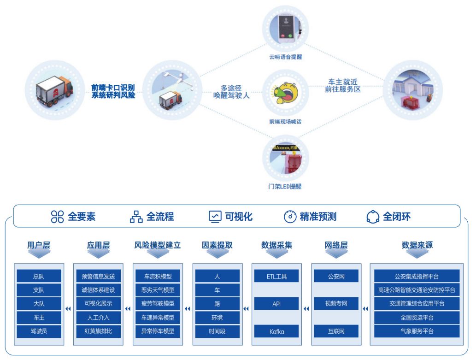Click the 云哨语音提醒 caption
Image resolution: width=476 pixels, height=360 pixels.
coord(286,57)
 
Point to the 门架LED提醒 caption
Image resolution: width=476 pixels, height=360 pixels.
coord(285,186)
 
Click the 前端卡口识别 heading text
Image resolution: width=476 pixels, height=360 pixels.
coord(113,87)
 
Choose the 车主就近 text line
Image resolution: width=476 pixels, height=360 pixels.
coord(342,82)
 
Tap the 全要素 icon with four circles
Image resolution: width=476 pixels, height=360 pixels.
coord(57,217)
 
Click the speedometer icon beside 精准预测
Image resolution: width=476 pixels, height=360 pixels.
coord(290,217)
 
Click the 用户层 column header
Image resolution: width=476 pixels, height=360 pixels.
coord(39,245)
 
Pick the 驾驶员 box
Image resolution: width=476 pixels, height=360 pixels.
coord(39,331)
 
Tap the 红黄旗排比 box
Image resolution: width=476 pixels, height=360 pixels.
coord(98,331)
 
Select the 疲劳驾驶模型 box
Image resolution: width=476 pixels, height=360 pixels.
coord(158,304)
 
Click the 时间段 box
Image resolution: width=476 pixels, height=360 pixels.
coord(217,331)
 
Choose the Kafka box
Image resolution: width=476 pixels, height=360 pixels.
coord(276,331)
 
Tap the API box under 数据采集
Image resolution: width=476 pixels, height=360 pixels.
coord(276,304)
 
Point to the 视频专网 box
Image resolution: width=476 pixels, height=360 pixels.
coord(336,304)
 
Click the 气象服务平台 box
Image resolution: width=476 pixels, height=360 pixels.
coord(417,331)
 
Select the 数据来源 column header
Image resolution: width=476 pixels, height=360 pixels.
coord(417,245)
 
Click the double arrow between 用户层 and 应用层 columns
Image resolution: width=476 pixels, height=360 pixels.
coord(68,309)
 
